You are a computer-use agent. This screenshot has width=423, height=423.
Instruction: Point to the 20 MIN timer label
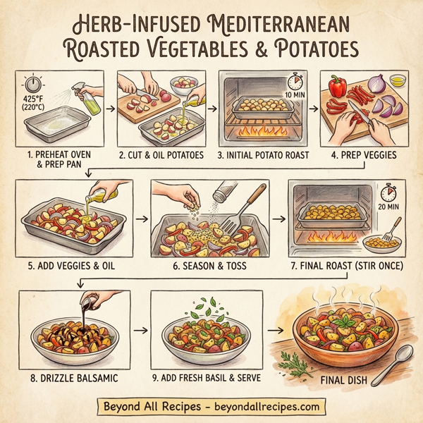(388, 207)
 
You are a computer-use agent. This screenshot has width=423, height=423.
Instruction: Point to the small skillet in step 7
(384, 244)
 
